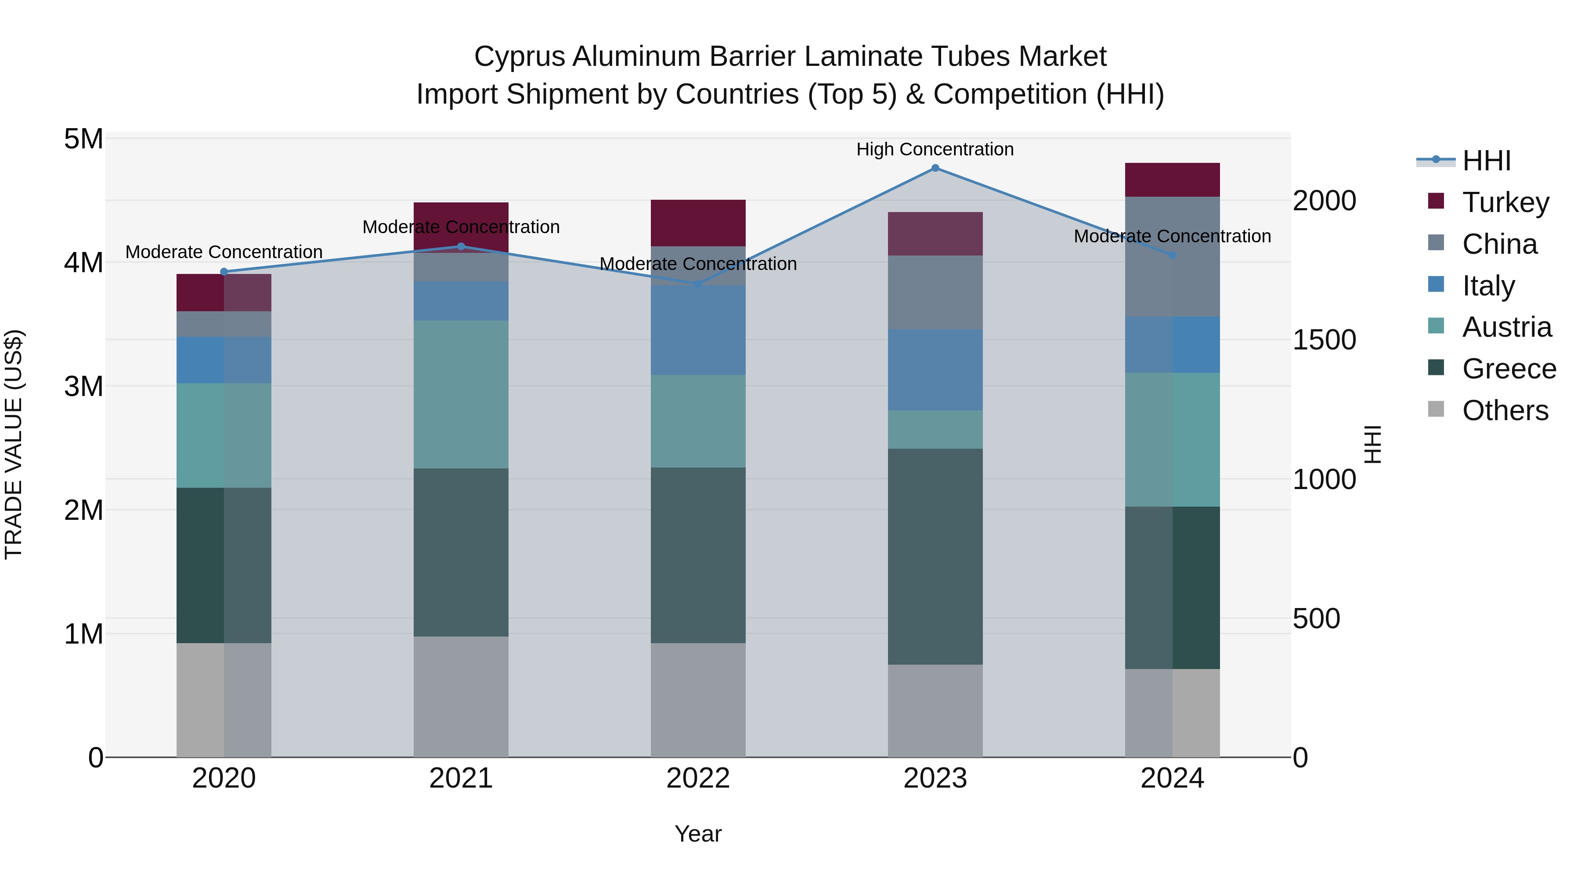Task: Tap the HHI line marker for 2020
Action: (224, 272)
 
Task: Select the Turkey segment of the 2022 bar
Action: (698, 223)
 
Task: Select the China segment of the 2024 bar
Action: (1172, 256)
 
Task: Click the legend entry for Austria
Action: (1506, 327)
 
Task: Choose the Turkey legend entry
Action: (1505, 202)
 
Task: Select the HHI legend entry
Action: (1485, 161)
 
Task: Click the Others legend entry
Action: (1505, 410)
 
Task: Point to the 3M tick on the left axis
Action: (83, 386)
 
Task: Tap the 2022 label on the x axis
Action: (698, 778)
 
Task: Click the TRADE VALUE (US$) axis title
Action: (14, 444)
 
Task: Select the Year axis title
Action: (698, 834)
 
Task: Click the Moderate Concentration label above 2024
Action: (1172, 236)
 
